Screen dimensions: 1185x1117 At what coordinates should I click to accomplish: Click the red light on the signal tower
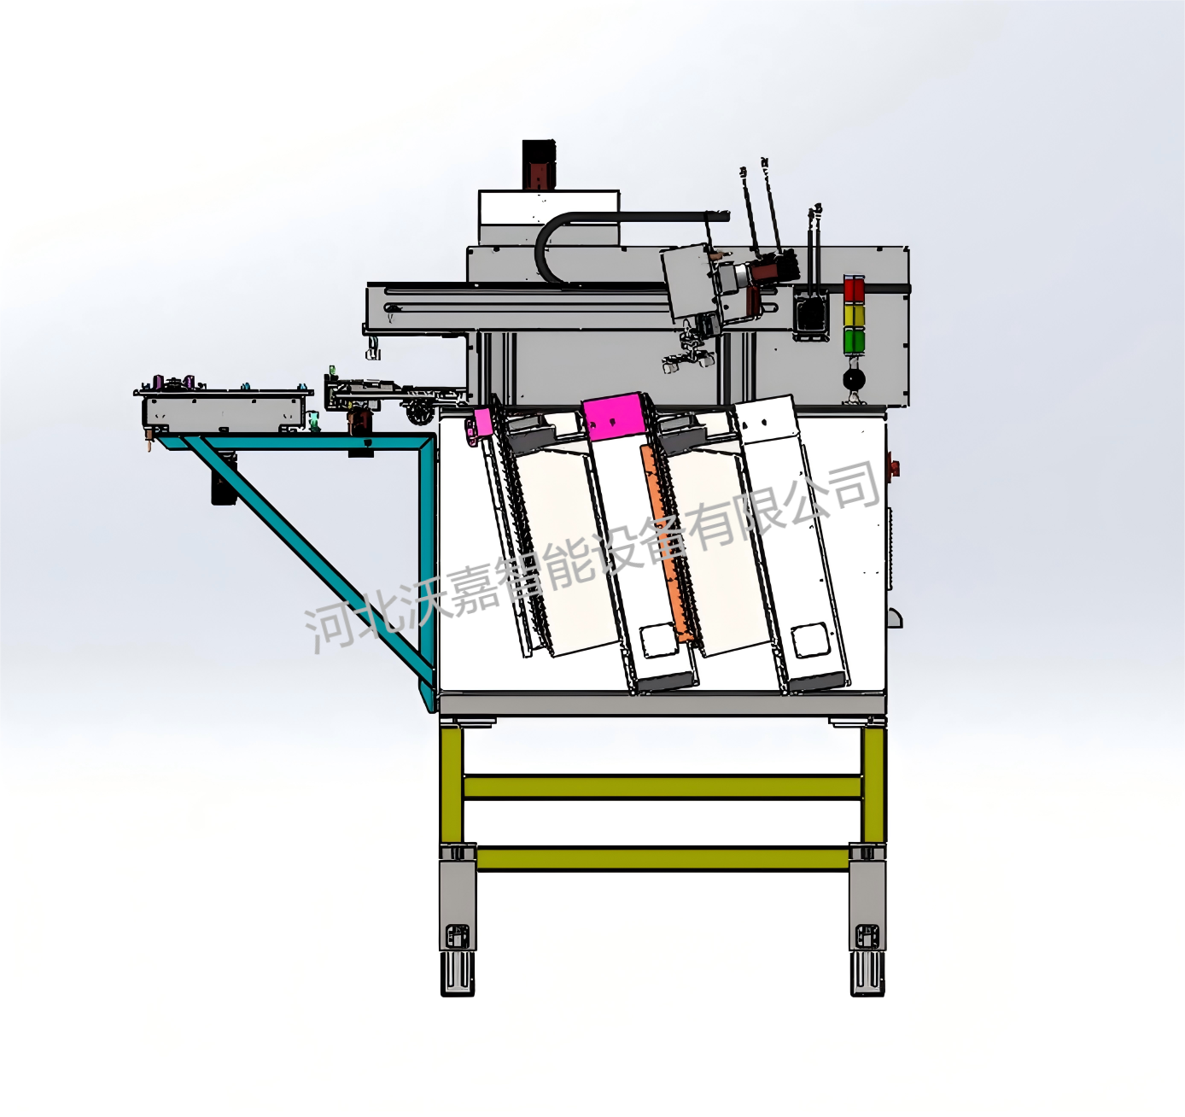pos(854,289)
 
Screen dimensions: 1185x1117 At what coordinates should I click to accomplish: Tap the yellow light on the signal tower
pos(854,316)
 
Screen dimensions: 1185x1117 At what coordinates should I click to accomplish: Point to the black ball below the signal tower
pos(854,379)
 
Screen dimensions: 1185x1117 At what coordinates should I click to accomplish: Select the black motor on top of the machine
pos(539,165)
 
